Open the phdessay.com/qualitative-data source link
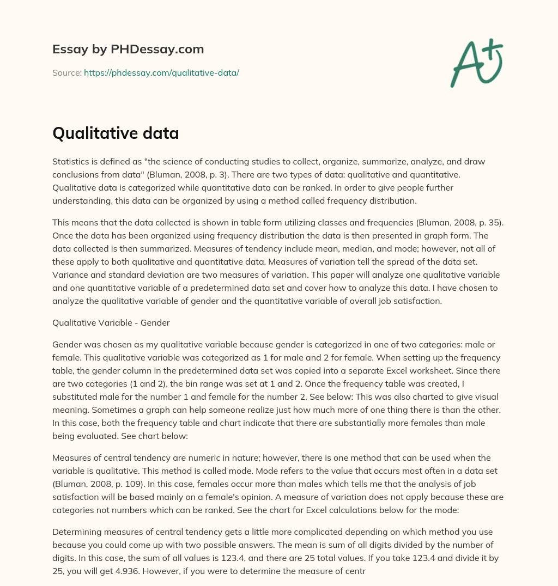pyautogui.click(x=161, y=72)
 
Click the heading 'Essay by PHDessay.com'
pyautogui.click(x=128, y=50)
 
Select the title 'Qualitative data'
pyautogui.click(x=116, y=133)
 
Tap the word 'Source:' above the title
pyautogui.click(x=66, y=72)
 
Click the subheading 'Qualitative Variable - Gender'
pyautogui.click(x=111, y=322)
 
